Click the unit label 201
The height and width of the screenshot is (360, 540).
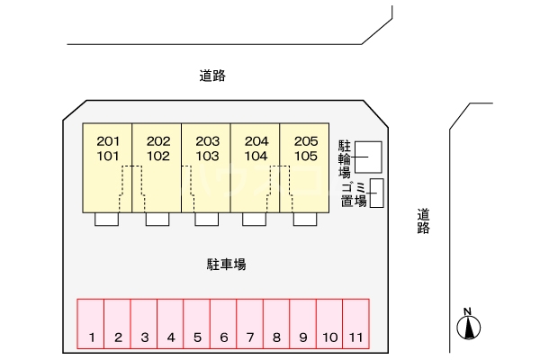click(108, 141)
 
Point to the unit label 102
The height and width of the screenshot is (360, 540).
click(158, 155)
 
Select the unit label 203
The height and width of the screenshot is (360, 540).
click(207, 141)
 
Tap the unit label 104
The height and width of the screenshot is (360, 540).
click(256, 155)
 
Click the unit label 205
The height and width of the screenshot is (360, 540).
click(305, 141)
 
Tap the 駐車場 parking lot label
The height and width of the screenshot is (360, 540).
click(227, 265)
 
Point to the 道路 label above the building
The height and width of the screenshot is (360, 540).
click(212, 76)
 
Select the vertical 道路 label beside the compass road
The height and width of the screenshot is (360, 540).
click(423, 221)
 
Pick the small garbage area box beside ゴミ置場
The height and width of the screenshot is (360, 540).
click(377, 193)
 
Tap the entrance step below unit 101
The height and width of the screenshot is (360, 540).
click(107, 220)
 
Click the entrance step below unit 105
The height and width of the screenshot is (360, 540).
click(305, 220)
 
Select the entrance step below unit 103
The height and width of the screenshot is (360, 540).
click(207, 220)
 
